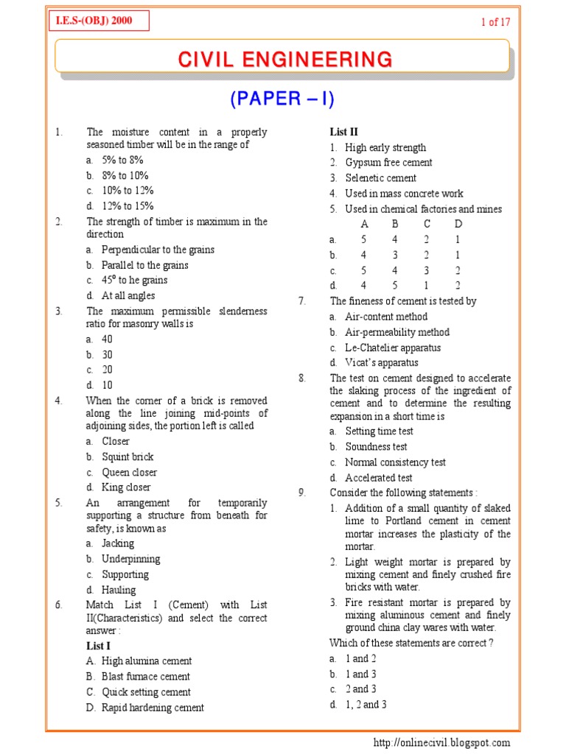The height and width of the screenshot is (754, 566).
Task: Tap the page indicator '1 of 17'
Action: [x=495, y=22]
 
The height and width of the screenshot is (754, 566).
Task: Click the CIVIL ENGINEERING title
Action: [x=284, y=59]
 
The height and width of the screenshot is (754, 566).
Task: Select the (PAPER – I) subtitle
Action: [x=284, y=100]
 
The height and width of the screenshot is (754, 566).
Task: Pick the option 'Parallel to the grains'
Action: [x=144, y=265]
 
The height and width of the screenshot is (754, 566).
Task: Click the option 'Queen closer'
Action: [x=129, y=472]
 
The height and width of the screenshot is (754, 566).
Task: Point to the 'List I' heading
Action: [x=98, y=646]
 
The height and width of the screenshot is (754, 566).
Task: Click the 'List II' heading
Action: [x=343, y=132]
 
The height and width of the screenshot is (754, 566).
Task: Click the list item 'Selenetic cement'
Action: [x=380, y=178]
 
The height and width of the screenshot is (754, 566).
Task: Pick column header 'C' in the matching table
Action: [x=427, y=224]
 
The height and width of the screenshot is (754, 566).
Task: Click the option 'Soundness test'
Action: [x=376, y=447]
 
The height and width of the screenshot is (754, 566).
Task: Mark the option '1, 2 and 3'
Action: [x=366, y=705]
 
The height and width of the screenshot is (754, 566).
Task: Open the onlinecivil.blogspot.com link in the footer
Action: [x=441, y=743]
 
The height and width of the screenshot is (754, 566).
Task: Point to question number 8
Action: [x=302, y=378]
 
